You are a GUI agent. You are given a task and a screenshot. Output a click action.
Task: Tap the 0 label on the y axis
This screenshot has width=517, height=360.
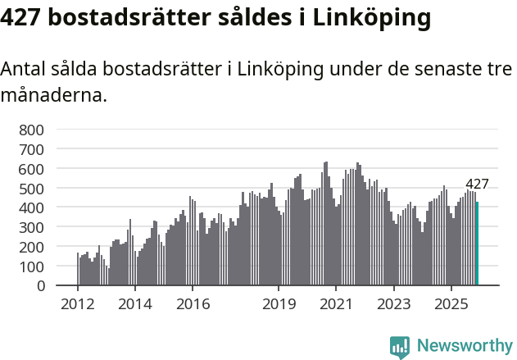tap(39, 286)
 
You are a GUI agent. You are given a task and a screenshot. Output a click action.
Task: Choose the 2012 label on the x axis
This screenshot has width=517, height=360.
tap(78, 304)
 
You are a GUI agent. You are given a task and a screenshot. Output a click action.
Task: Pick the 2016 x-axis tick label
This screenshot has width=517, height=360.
tap(193, 304)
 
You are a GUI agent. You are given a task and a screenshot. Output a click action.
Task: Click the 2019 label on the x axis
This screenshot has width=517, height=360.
tap(279, 304)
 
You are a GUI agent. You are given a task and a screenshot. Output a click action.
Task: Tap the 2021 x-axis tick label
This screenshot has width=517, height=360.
tap(336, 304)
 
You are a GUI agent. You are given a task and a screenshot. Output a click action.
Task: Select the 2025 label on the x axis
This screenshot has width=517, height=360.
tap(451, 304)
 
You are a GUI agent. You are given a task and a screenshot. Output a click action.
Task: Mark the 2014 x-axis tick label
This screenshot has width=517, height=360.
tap(135, 304)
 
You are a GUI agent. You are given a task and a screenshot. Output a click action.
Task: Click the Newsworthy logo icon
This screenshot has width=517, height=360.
tap(400, 347)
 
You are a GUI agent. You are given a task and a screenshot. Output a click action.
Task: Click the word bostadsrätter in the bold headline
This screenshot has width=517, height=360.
tap(122, 17)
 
